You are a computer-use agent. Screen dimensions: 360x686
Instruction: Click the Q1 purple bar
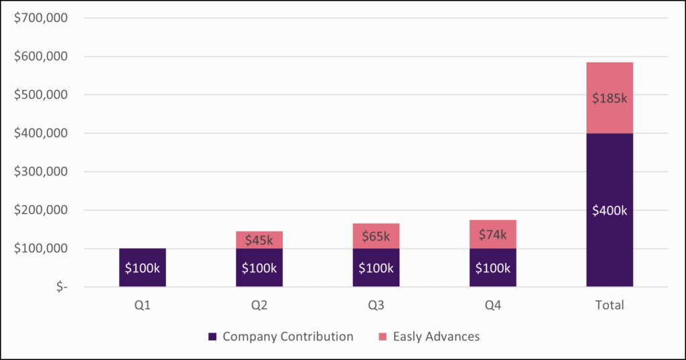coord(142,267)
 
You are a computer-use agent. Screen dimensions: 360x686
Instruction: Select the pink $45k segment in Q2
coord(259,240)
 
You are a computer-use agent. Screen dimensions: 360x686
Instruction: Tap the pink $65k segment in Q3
coord(376,236)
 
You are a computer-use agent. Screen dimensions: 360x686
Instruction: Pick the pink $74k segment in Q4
coord(492,235)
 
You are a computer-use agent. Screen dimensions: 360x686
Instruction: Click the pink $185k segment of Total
coord(609,98)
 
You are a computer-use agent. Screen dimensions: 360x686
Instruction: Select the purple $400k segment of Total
coord(609,210)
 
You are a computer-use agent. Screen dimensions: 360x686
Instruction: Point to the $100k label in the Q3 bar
coord(376,268)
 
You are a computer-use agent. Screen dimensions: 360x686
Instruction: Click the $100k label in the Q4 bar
coord(492,268)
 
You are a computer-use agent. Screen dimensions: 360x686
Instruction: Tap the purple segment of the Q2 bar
coord(259,268)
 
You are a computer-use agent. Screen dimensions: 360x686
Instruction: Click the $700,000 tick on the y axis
coord(41,18)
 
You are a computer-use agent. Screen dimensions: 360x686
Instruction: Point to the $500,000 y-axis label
coord(41,95)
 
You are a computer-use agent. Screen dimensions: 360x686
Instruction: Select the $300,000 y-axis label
coord(41,172)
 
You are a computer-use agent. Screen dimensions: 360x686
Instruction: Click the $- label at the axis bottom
coord(61,287)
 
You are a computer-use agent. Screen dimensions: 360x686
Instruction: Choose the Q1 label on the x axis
coord(142,305)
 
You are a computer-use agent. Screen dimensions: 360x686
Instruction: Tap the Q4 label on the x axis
coord(492,305)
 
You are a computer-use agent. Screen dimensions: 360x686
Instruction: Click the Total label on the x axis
coord(609,305)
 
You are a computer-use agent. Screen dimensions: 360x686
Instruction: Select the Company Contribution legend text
coord(287,337)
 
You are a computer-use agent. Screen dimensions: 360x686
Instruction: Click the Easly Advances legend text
coord(436,337)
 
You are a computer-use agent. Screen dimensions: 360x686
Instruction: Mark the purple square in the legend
coord(213,337)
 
